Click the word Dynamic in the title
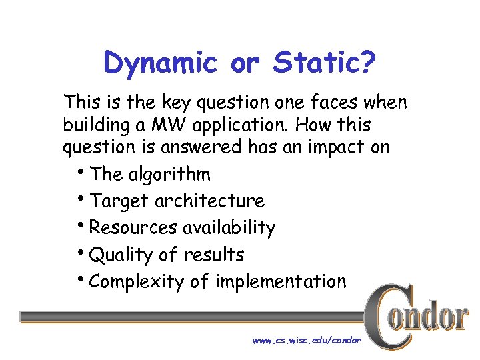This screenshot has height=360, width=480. pos(161,63)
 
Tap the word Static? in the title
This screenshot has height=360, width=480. pos(324,63)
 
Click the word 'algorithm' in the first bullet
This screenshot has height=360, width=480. pos(169,175)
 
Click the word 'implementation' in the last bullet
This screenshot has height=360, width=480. pos(281,281)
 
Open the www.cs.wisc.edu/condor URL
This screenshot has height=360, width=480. pos(306,341)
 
